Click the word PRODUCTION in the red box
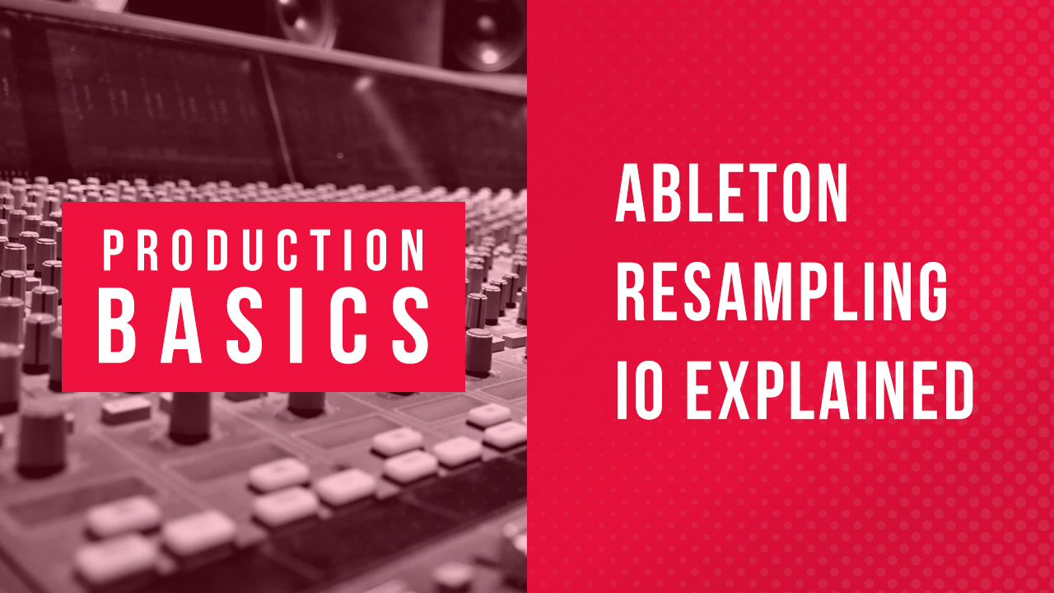(263, 250)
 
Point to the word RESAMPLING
(781, 292)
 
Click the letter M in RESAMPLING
(769, 292)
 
